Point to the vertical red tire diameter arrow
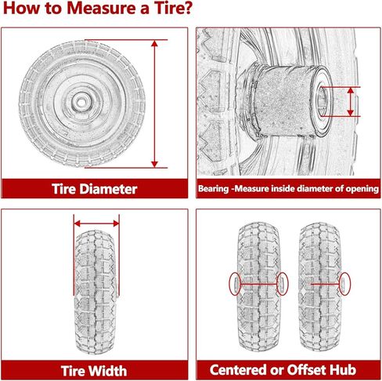tap(157, 102)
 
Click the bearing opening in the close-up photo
tap(323, 100)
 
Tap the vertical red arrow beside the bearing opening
tap(349, 100)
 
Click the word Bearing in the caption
tap(215, 189)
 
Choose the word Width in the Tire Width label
tap(115, 370)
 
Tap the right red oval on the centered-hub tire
tap(281, 283)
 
